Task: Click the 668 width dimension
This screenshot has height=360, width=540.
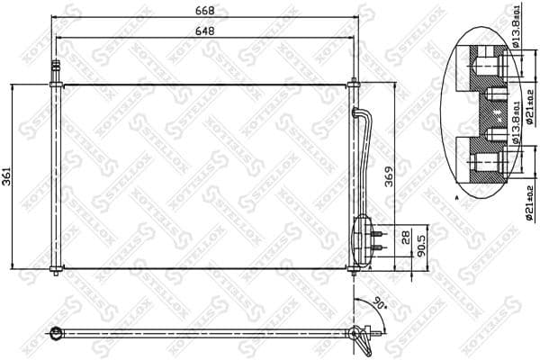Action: [207, 10]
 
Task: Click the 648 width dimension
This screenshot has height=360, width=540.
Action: [207, 30]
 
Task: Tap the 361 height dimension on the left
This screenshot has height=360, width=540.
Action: [8, 176]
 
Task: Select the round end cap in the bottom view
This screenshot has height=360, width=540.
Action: [55, 335]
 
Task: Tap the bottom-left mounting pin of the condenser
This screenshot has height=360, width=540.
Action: [56, 271]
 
